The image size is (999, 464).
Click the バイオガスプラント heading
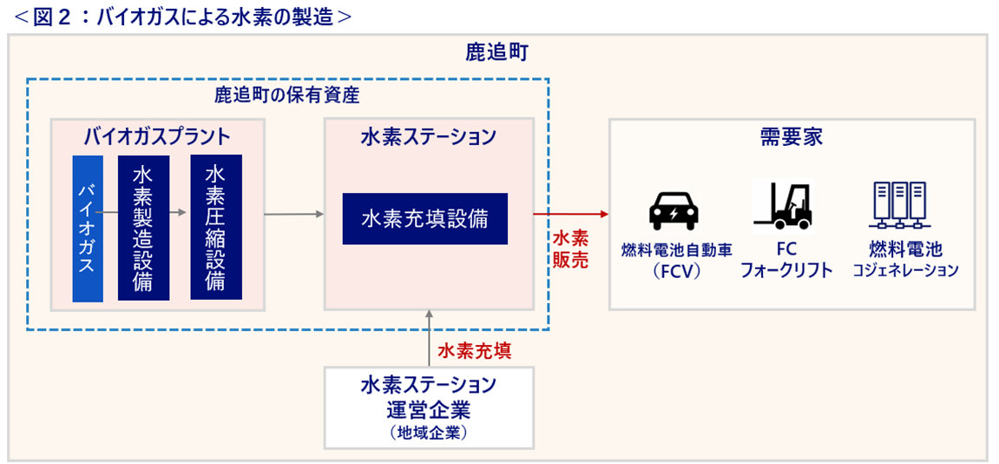[x=157, y=136]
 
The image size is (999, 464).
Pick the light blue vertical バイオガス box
[x=88, y=229]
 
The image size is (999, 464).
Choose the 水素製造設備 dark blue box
[x=143, y=229]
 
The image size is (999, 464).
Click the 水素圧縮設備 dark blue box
[x=216, y=227]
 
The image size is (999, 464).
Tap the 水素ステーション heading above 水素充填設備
[x=428, y=136]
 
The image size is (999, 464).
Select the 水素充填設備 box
[x=424, y=218]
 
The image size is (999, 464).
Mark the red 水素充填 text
[x=474, y=351]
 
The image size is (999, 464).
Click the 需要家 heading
[x=791, y=136]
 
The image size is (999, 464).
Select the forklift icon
[x=783, y=205]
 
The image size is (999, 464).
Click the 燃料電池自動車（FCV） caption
[x=676, y=260]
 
